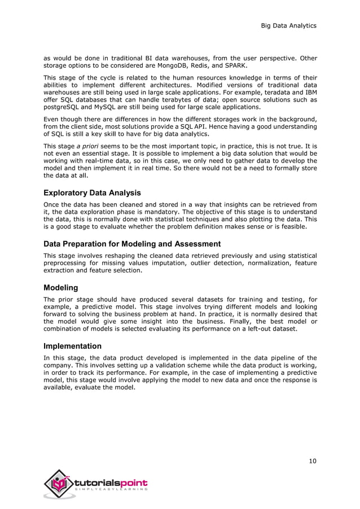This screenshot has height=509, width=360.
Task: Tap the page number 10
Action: tap(312, 460)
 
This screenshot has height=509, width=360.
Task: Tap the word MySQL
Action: tap(100, 107)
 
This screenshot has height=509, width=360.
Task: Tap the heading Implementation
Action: tap(73, 346)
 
